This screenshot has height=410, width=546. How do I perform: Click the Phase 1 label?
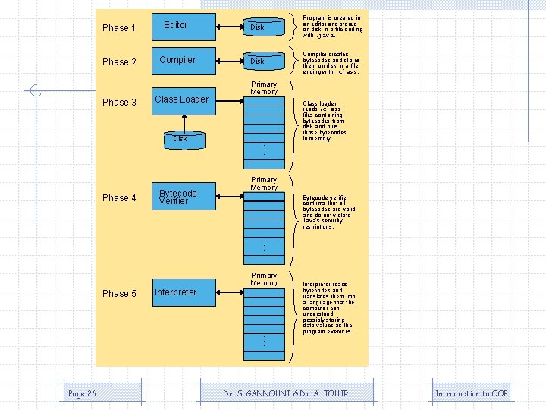[x=118, y=28]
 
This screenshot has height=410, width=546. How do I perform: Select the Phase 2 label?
[x=118, y=62]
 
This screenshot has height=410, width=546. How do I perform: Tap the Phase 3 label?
[x=118, y=102]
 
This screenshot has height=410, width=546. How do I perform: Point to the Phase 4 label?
[x=118, y=198]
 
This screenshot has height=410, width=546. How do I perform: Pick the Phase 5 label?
[x=118, y=294]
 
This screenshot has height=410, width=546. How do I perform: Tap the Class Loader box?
[x=181, y=99]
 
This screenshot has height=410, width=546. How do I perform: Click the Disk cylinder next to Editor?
[x=265, y=27]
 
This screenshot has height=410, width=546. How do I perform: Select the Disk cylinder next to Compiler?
[x=265, y=61]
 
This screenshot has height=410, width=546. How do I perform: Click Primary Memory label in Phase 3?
[x=264, y=88]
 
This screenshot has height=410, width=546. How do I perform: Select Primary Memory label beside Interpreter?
[x=264, y=279]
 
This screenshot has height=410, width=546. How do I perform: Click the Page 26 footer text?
[x=82, y=393]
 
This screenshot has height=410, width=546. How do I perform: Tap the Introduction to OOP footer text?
[x=471, y=393]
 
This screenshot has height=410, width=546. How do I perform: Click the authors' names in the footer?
[x=285, y=393]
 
